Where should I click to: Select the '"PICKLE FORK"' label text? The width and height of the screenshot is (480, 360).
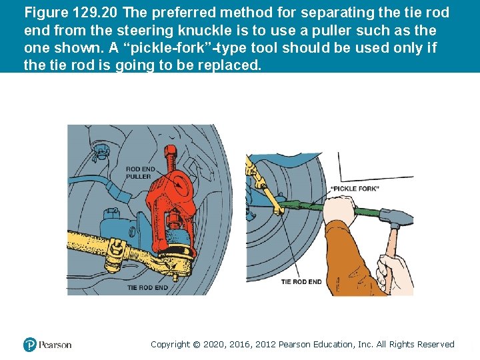point(355,189)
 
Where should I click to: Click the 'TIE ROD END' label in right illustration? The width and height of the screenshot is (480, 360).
point(301,282)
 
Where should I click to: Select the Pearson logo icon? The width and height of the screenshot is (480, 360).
point(29,345)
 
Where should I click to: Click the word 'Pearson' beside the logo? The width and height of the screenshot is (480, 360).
point(55,345)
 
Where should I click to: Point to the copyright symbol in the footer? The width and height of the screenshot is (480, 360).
point(197,345)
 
